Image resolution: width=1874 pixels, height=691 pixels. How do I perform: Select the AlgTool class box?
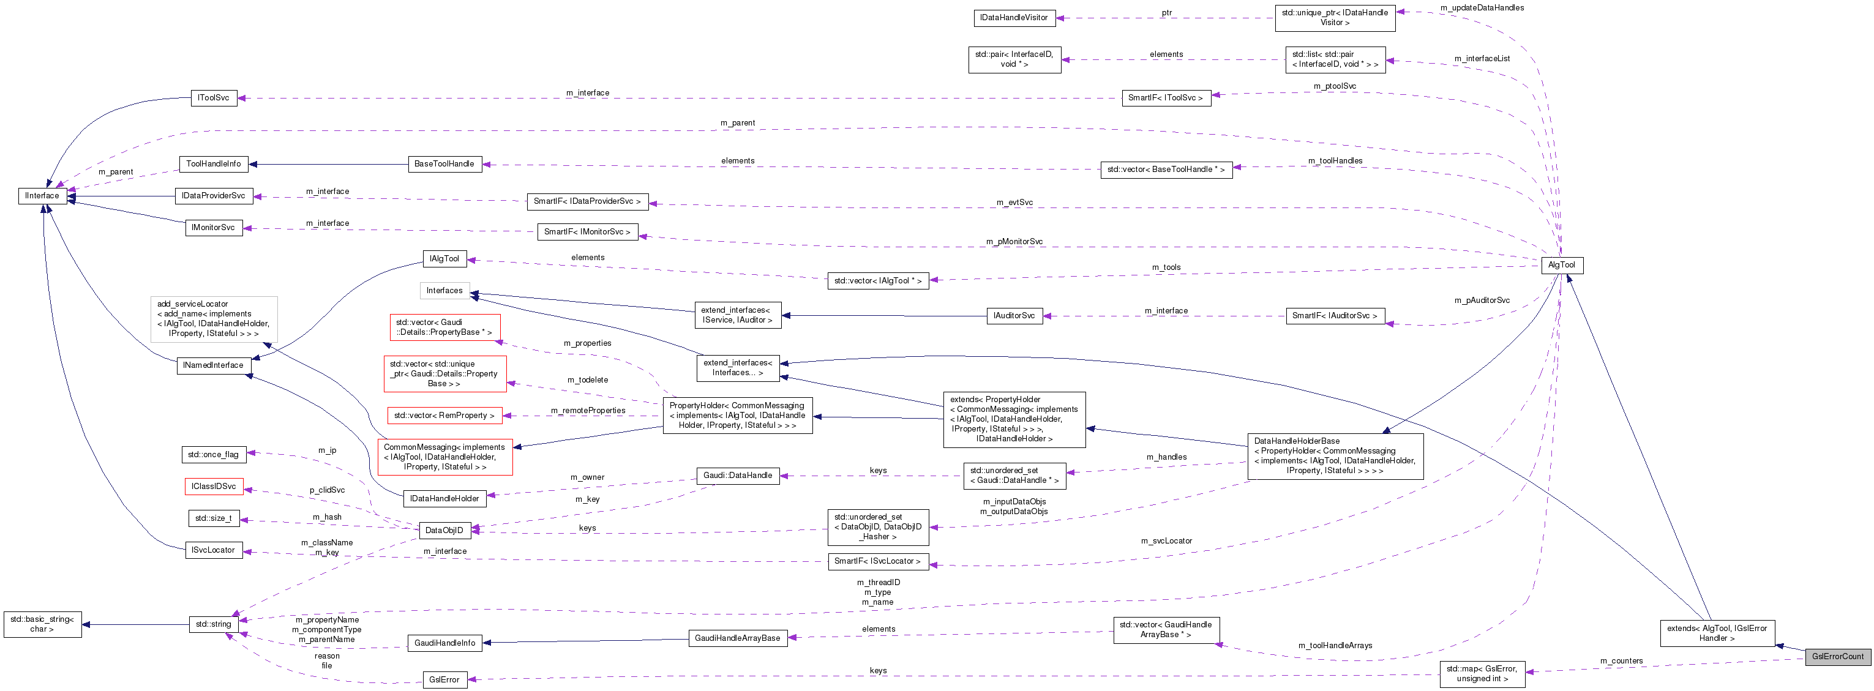1561,265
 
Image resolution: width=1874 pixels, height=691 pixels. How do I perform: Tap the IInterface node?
42,196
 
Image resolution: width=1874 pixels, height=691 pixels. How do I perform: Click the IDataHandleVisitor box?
1014,18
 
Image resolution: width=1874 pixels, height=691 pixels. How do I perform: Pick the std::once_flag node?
213,455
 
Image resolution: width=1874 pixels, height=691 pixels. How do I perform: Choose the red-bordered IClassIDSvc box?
213,487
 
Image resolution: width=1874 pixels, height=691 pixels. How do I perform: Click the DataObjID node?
444,530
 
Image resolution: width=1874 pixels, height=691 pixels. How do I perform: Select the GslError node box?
444,679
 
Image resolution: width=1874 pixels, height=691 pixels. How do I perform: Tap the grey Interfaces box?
444,291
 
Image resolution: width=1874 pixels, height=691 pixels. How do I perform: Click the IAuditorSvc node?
1014,316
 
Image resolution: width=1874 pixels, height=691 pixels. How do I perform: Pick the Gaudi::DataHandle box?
737,476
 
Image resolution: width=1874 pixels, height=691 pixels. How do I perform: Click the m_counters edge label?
1621,661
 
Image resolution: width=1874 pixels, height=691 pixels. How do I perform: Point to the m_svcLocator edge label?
1166,541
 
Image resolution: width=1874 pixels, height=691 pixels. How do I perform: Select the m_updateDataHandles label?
1482,8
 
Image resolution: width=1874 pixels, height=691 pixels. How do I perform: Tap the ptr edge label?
1166,13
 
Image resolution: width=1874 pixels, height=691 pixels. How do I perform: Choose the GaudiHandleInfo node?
444,643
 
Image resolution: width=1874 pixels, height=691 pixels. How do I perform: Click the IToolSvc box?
213,98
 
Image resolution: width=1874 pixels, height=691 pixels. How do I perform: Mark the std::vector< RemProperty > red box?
444,416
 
